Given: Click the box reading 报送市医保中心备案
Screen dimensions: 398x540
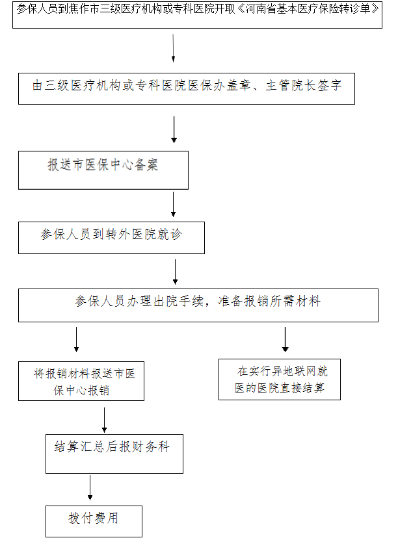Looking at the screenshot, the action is pyautogui.click(x=103, y=170).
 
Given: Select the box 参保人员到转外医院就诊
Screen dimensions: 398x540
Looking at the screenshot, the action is pyautogui.click(x=111, y=238).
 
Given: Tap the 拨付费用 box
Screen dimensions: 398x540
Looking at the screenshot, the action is pyautogui.click(x=94, y=521).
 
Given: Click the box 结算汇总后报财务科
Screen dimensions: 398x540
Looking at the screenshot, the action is pyautogui.click(x=114, y=454).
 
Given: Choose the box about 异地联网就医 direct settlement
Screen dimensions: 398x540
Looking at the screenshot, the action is pyautogui.click(x=280, y=379).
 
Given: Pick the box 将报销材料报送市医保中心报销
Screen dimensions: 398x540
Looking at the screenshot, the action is pyautogui.click(x=81, y=381).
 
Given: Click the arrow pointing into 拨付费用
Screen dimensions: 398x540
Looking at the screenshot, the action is pyautogui.click(x=90, y=487).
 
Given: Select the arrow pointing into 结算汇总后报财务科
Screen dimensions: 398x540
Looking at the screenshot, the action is pyautogui.click(x=104, y=420).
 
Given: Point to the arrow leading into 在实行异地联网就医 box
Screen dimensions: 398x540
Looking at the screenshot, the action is pyautogui.click(x=285, y=340).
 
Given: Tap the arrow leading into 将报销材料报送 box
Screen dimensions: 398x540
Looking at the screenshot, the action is pyautogui.click(x=76, y=340).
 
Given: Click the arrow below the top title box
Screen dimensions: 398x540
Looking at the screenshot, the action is pyautogui.click(x=173, y=48).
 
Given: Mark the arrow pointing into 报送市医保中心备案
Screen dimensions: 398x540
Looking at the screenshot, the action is pyautogui.click(x=174, y=129).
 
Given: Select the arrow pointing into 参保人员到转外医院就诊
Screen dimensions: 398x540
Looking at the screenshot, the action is pyautogui.click(x=174, y=205).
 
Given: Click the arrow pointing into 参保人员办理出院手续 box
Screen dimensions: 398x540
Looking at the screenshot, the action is pyautogui.click(x=175, y=272).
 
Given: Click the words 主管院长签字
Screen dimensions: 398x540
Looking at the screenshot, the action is pyautogui.click(x=304, y=85).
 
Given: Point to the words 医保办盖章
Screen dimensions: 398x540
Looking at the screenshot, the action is pyautogui.click(x=220, y=85).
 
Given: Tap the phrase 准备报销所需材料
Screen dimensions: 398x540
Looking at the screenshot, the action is pyautogui.click(x=269, y=302).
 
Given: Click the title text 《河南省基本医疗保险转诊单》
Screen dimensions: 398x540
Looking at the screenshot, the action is pyautogui.click(x=308, y=8).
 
